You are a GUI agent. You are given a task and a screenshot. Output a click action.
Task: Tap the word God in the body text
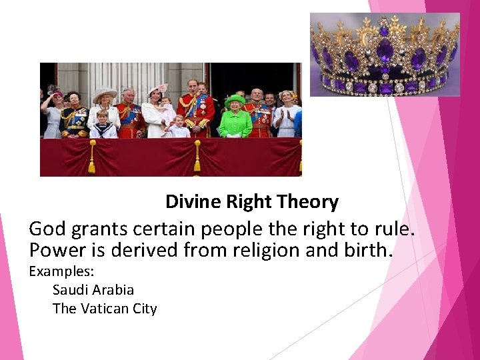46,230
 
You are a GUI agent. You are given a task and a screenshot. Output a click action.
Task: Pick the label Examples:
61,271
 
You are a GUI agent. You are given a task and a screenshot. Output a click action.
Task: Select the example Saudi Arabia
93,290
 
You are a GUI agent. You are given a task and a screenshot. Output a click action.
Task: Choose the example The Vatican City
105,309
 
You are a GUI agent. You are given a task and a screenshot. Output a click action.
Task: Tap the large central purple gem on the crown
385,50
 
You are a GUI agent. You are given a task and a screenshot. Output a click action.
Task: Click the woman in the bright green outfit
235,119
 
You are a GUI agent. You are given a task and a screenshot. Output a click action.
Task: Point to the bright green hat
235,100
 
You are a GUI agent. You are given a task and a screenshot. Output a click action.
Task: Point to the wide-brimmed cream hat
104,94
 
